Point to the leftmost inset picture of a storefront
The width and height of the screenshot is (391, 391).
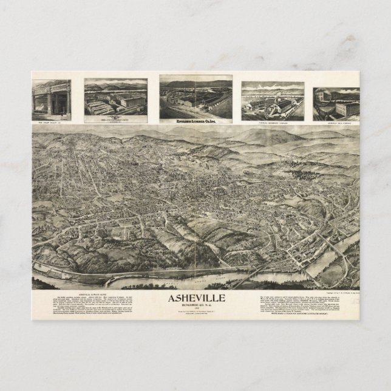[51, 99]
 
